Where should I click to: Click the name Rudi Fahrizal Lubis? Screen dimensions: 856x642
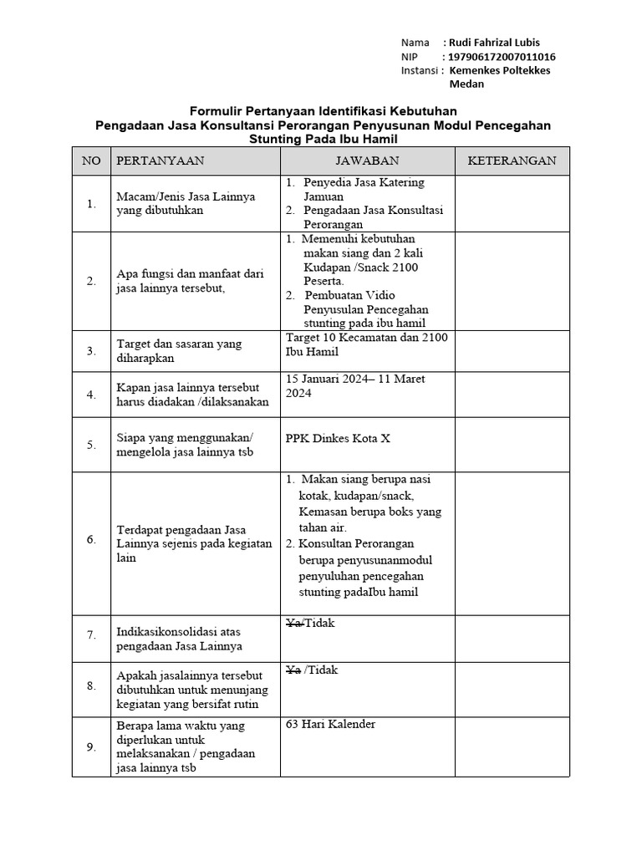[x=494, y=43]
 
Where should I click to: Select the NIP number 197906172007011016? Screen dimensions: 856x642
[x=502, y=57]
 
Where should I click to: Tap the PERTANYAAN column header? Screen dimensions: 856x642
[x=160, y=160]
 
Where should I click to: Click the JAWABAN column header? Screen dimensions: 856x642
[x=367, y=160]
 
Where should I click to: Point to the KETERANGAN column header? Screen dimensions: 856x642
[x=512, y=160]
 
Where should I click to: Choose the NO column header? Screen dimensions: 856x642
[x=90, y=160]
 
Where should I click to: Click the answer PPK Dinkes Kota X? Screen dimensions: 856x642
[x=338, y=438]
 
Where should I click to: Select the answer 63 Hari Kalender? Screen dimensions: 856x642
[x=330, y=724]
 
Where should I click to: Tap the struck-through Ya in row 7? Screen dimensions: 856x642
[x=293, y=623]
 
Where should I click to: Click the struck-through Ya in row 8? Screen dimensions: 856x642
[x=293, y=670]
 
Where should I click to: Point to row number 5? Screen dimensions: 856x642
[x=91, y=445]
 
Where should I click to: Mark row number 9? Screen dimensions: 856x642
[x=91, y=747]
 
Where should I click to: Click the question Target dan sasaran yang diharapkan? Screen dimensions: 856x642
[x=179, y=351]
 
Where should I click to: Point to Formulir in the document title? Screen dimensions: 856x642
[x=217, y=110]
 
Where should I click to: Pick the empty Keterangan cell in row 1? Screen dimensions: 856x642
[x=512, y=203]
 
